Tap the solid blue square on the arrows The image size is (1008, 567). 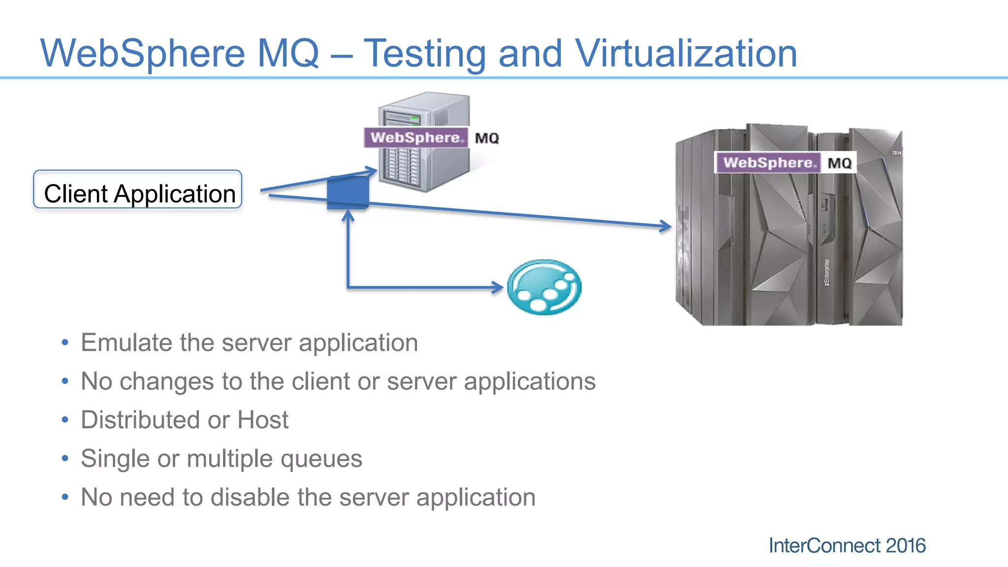click(x=348, y=192)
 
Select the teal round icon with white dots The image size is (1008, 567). click(x=544, y=287)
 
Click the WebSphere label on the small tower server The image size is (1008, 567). click(x=416, y=138)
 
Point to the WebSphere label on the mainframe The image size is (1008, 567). click(x=768, y=163)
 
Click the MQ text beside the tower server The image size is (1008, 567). click(x=487, y=138)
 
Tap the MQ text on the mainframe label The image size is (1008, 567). click(x=839, y=163)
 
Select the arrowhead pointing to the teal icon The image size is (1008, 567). click(x=498, y=287)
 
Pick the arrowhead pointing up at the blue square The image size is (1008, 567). click(x=348, y=215)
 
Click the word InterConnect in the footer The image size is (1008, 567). click(x=824, y=546)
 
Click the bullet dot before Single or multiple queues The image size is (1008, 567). click(x=65, y=459)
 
